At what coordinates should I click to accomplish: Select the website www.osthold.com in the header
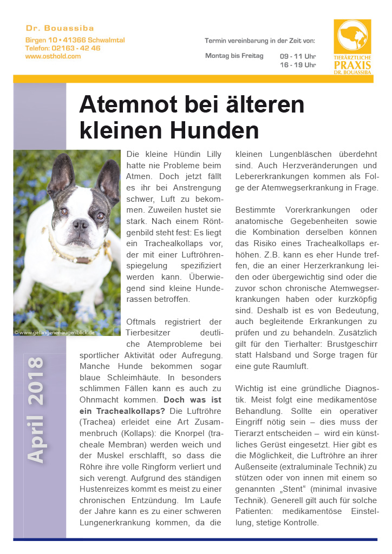[53, 56]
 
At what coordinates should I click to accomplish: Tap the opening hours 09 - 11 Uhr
[298, 56]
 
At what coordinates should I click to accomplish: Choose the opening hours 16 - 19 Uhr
[298, 65]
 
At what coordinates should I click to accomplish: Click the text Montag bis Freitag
[234, 56]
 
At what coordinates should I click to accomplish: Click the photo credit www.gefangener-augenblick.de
[56, 332]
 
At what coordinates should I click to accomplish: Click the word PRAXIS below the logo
[352, 65]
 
